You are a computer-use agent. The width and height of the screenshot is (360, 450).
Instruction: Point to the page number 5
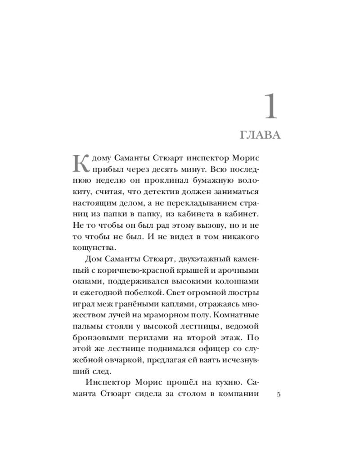point(279,395)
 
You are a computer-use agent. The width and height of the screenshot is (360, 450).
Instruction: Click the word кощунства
point(94,247)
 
